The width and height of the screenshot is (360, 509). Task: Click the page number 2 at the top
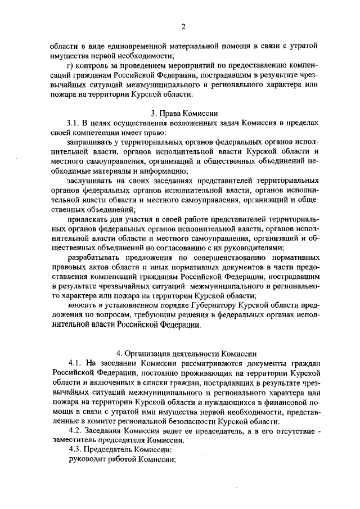183,26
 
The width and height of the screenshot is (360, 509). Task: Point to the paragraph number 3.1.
75,123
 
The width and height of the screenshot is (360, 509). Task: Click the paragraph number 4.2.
75,431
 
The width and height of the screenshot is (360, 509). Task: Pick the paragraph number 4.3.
75,450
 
